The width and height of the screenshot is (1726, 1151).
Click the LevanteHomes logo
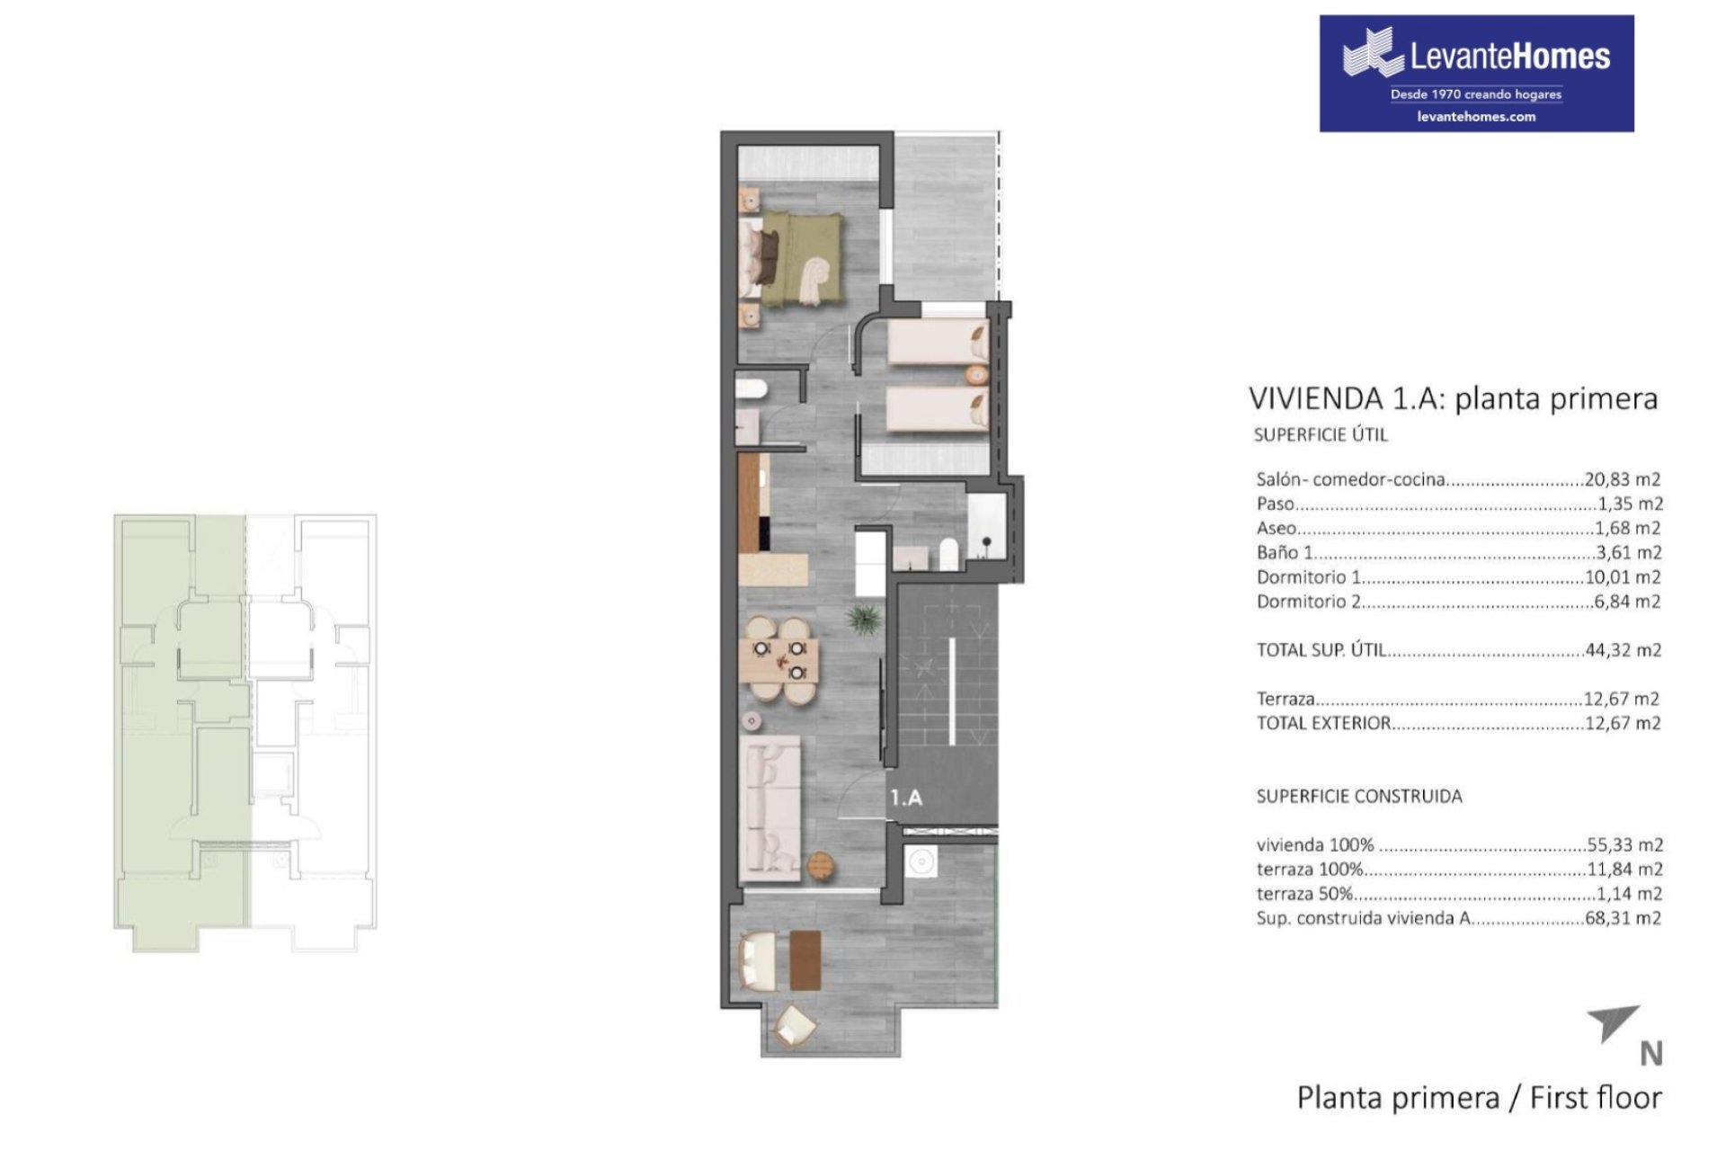point(1476,73)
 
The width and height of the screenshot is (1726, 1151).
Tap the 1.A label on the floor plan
point(906,798)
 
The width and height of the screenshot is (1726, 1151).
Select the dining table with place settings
point(779,659)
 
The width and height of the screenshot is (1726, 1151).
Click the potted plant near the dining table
point(864,620)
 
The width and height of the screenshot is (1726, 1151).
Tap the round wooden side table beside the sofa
point(822,865)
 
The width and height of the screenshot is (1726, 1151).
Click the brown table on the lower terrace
point(805,959)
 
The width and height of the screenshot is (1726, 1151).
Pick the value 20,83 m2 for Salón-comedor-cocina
point(1623,479)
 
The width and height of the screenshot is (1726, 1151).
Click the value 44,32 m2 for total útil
point(1623,650)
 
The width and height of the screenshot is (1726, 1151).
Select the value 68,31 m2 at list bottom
point(1623,918)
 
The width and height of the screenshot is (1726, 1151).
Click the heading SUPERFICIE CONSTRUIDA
point(1359,796)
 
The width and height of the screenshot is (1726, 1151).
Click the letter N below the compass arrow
point(1651,1054)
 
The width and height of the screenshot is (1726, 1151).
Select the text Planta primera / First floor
point(1480,1098)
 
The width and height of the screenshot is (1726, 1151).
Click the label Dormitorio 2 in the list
point(1309,602)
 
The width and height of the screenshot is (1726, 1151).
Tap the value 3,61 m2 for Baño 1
point(1629,553)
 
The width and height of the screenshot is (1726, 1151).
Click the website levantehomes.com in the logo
point(1476,116)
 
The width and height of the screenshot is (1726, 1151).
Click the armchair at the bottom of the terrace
point(795,1025)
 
